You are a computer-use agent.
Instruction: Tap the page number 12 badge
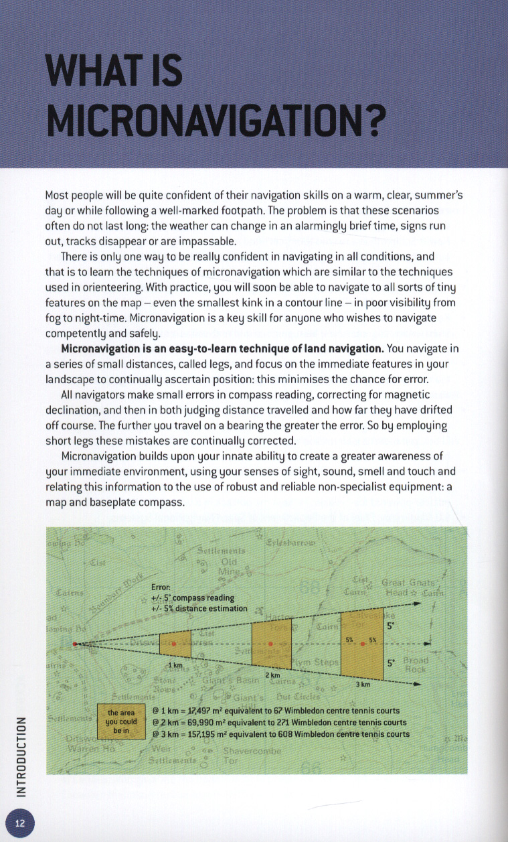tap(20, 823)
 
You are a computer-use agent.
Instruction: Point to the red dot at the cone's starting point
tap(75, 644)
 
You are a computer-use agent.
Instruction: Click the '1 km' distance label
tap(175, 665)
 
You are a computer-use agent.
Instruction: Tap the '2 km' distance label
tap(272, 675)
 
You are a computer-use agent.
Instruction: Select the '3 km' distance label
tap(362, 685)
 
